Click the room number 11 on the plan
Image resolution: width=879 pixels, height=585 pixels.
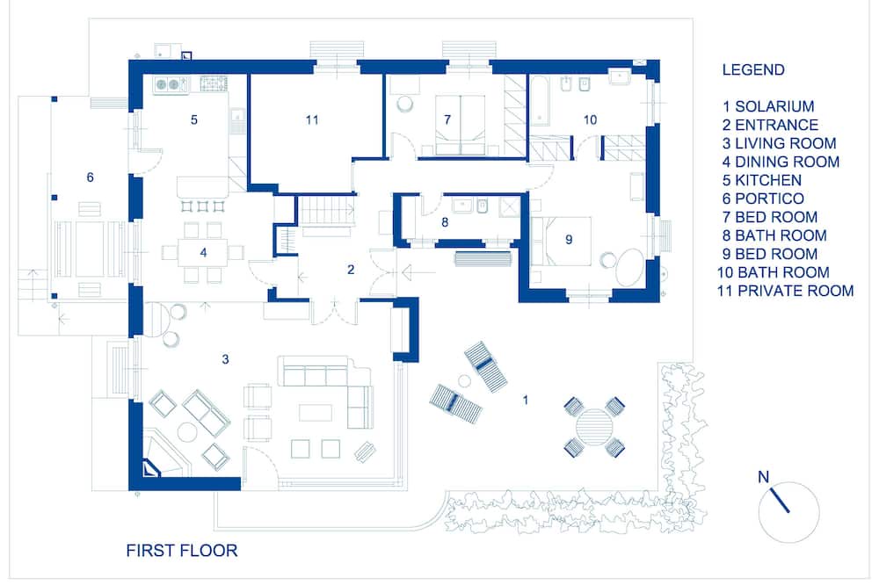[x=312, y=120]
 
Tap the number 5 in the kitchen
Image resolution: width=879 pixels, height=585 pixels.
[x=194, y=120]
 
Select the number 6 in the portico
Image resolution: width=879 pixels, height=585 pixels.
[x=91, y=177]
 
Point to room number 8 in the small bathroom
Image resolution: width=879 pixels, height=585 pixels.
[x=445, y=222]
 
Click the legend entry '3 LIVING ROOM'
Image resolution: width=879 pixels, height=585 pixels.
[x=779, y=143]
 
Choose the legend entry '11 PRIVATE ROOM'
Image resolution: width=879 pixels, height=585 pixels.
[x=785, y=291]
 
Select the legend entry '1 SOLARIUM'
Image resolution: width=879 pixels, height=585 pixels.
[x=768, y=106]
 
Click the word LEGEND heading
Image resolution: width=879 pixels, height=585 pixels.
[x=753, y=70]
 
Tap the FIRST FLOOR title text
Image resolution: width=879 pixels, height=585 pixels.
[x=182, y=550]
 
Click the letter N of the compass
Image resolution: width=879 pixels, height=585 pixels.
[x=763, y=477]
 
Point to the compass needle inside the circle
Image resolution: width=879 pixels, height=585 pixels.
[x=780, y=501]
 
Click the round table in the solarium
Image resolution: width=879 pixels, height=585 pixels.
[x=594, y=427]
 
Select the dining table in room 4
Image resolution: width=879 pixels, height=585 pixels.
[x=203, y=253]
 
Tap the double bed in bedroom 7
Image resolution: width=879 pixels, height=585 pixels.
[x=461, y=125]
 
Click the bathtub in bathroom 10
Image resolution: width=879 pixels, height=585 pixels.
[x=539, y=103]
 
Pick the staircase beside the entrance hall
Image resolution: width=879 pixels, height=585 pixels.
[x=326, y=210]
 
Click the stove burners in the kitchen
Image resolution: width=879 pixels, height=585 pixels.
[x=213, y=84]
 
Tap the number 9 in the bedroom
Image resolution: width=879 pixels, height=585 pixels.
[x=569, y=240]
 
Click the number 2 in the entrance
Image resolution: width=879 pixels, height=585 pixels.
[x=351, y=270]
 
